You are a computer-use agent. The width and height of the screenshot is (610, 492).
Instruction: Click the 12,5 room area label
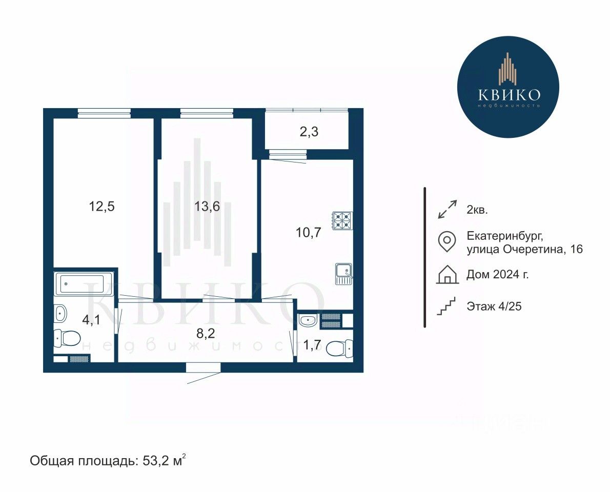pos(101,206)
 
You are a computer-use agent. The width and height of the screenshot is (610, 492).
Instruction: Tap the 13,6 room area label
pos(207,206)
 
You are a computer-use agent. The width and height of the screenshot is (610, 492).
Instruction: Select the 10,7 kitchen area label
pos(308,233)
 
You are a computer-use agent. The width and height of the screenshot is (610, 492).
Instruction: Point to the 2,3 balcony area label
pos(309,132)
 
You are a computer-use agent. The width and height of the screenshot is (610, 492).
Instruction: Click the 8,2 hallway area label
pos(206,333)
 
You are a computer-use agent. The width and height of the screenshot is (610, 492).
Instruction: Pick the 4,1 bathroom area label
pos(91,320)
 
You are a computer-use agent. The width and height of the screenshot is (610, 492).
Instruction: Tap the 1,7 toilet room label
pos(312,344)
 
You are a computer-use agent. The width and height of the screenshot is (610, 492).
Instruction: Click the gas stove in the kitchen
pos(342,221)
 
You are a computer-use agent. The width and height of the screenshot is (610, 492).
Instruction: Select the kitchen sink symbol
pos(344,274)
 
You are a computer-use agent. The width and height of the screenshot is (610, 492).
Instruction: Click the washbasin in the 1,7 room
pos(309,320)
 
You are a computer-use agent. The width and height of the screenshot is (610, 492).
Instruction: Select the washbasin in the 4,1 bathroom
pos(60,313)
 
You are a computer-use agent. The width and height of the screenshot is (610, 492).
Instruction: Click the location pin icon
pos(446,241)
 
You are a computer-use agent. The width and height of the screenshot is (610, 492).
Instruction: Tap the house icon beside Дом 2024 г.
pos(448,274)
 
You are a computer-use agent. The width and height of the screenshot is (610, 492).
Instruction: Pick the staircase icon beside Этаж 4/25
pos(446,306)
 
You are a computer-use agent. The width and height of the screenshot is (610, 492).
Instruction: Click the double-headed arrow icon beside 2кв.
pos(447,209)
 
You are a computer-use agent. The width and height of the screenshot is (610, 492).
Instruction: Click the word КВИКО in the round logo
pos(509,94)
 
